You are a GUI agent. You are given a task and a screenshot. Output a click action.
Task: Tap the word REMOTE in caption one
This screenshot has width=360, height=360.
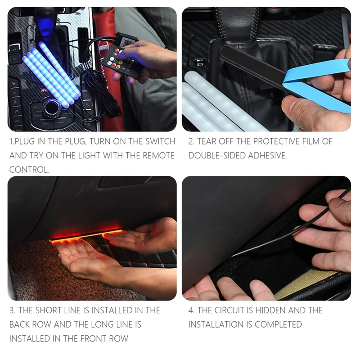[x=154, y=155]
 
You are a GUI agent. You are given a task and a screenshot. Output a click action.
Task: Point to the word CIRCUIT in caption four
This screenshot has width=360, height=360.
[x=235, y=310]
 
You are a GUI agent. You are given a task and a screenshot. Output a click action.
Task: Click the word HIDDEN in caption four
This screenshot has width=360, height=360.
[x=279, y=310]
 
